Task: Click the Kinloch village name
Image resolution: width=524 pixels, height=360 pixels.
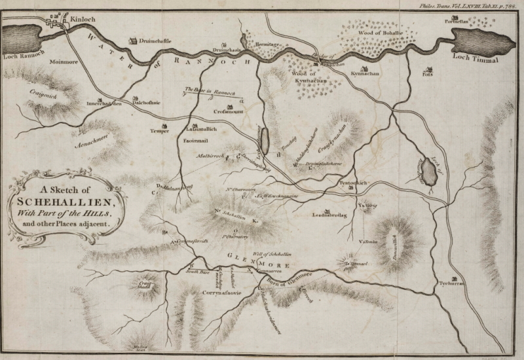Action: [83, 20]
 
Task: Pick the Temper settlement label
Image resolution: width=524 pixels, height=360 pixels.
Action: [160, 130]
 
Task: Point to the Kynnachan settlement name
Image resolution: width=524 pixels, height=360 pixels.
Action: [365, 76]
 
